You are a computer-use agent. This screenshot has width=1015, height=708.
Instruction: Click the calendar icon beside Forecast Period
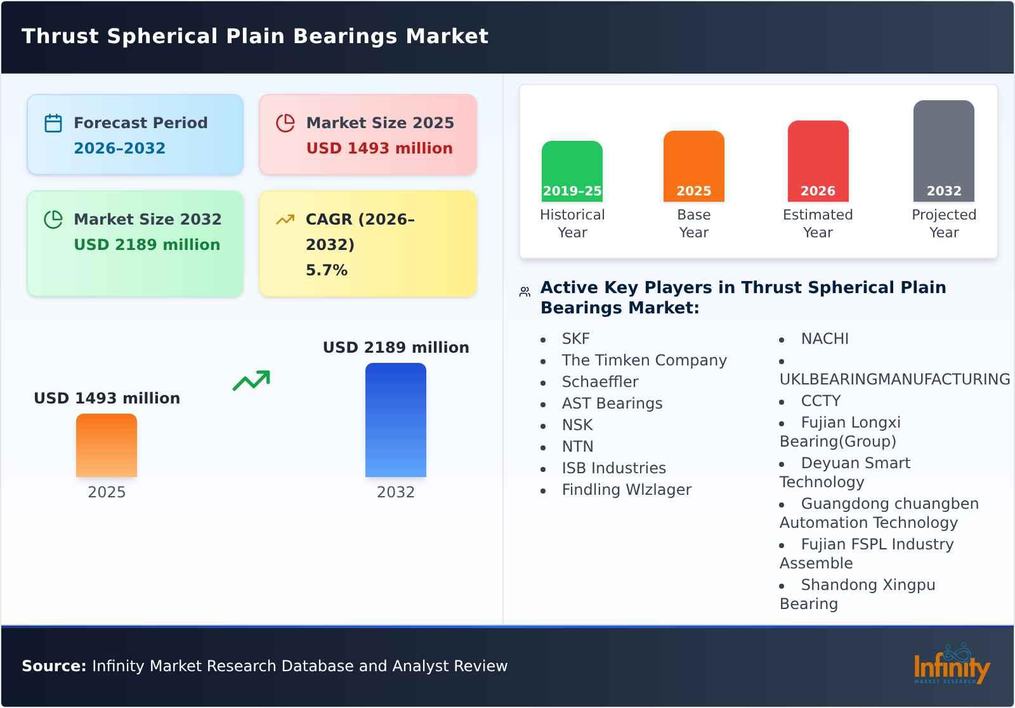(x=53, y=123)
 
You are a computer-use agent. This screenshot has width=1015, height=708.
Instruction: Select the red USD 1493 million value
(x=379, y=148)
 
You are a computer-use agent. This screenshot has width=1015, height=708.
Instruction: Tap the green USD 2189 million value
(x=147, y=244)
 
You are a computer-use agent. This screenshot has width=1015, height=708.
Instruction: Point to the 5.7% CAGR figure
(x=326, y=270)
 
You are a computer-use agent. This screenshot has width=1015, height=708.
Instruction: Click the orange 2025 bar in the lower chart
(x=107, y=445)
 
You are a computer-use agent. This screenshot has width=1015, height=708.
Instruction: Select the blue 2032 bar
(x=395, y=420)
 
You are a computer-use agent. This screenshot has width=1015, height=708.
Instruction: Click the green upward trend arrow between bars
(x=251, y=381)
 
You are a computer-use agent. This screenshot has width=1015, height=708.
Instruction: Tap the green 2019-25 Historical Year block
(x=572, y=171)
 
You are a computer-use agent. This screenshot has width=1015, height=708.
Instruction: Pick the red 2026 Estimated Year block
(x=818, y=162)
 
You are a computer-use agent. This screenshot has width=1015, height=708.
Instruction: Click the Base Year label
(x=693, y=223)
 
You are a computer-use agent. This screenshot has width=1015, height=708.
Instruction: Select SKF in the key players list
(x=575, y=339)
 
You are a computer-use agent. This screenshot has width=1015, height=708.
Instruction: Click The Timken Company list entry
(x=644, y=360)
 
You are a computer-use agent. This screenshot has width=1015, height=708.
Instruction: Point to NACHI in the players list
(x=824, y=339)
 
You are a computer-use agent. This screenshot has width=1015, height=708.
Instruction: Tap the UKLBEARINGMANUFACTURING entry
(x=894, y=379)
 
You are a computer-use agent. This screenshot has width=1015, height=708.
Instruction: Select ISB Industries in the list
(x=613, y=468)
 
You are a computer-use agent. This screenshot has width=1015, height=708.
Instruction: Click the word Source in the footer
(x=53, y=666)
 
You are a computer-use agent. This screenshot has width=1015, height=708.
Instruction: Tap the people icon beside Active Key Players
(x=525, y=292)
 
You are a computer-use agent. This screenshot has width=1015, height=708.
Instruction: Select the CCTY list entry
(x=820, y=401)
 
